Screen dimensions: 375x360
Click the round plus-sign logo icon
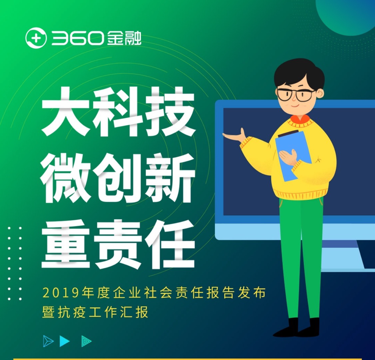tap(36, 38)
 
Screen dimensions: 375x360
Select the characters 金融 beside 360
tap(124, 38)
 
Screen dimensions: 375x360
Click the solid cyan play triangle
tap(65, 341)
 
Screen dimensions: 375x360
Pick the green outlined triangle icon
tap(86, 341)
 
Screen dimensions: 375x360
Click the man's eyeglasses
tap(296, 95)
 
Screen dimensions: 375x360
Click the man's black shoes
tap(296, 328)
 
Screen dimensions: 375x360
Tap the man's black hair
tap(299, 72)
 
